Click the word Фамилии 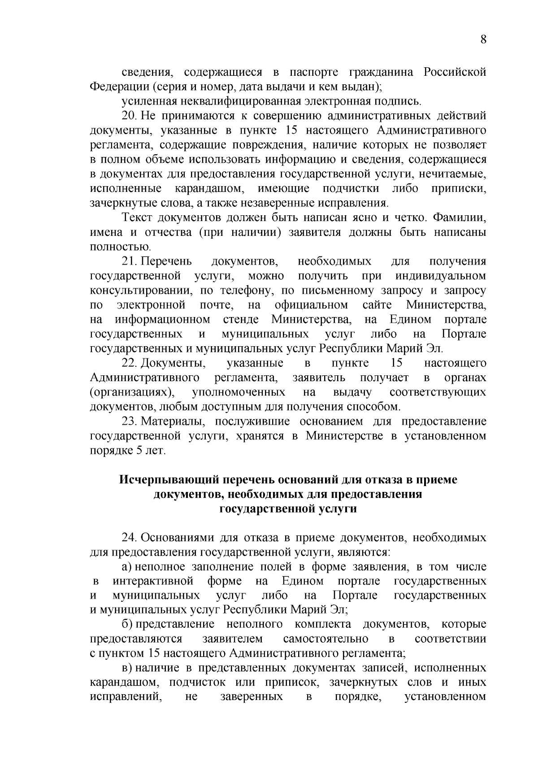pyautogui.click(x=460, y=218)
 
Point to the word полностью pyautogui.click(x=120, y=247)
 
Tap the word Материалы pyautogui.click(x=174, y=421)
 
